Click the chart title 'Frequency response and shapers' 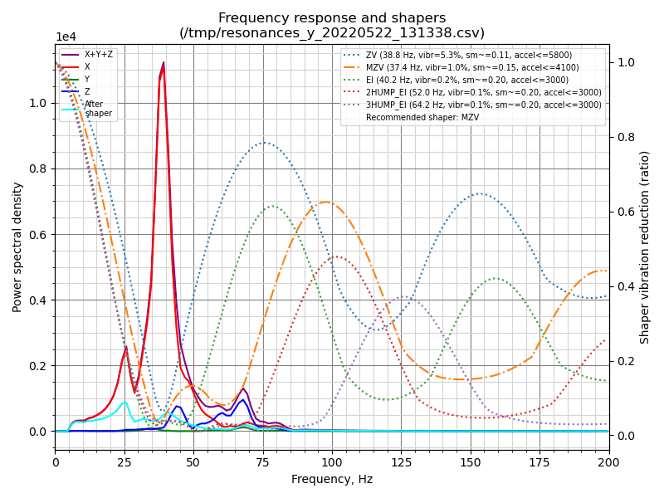point(332,18)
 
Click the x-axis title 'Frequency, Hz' point(332,479)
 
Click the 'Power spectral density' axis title point(17,247)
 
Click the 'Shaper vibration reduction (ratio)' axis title point(645,247)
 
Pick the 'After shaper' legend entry point(98,109)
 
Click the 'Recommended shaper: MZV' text point(422,117)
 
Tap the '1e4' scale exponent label point(66,37)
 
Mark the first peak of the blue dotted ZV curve point(264,143)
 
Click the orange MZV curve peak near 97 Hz point(325,202)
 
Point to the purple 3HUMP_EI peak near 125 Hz point(403,296)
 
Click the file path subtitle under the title point(332,33)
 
